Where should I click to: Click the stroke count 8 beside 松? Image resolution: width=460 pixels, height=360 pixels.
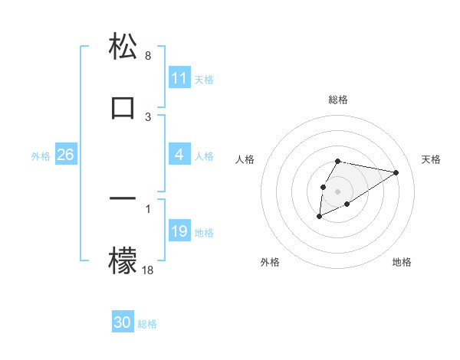click(x=148, y=56)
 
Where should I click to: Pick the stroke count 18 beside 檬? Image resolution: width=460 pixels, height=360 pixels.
click(x=148, y=270)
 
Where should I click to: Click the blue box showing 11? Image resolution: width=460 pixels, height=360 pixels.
click(x=179, y=78)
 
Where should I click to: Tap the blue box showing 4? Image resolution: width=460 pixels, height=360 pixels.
click(x=179, y=155)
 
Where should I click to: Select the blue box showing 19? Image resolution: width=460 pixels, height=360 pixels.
click(x=179, y=231)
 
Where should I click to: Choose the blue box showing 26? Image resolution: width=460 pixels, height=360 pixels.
click(x=65, y=155)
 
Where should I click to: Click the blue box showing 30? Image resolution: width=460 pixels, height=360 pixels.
click(x=123, y=323)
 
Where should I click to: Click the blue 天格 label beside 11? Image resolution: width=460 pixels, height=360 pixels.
click(x=204, y=79)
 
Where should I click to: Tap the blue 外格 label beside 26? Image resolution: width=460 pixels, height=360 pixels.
click(x=41, y=156)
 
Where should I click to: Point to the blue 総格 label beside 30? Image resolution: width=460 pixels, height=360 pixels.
click(x=148, y=324)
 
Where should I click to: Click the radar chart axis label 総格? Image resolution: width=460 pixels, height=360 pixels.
click(x=337, y=100)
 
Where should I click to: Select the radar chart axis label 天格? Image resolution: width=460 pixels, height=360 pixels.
click(x=431, y=159)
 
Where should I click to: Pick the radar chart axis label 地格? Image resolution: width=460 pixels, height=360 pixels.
click(x=402, y=263)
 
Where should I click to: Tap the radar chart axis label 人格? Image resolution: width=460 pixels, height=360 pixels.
click(x=245, y=159)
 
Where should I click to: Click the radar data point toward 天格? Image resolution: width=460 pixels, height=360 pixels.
click(x=396, y=172)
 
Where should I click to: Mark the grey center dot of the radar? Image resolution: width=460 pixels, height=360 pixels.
click(x=337, y=191)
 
